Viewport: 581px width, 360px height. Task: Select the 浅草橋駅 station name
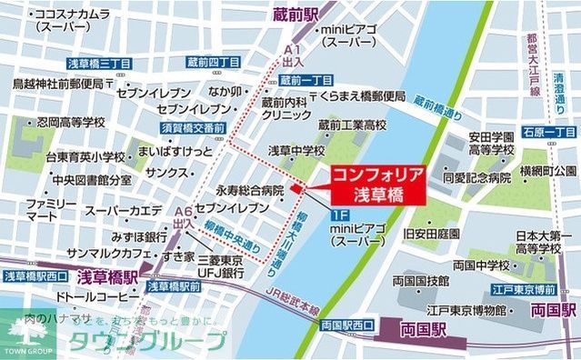(x=106, y=275)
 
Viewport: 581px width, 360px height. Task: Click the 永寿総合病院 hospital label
(x=249, y=192)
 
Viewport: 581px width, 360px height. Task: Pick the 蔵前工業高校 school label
(x=352, y=123)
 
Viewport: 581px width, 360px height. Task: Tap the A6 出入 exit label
(x=183, y=216)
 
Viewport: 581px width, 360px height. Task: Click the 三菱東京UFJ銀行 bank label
(x=218, y=265)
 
